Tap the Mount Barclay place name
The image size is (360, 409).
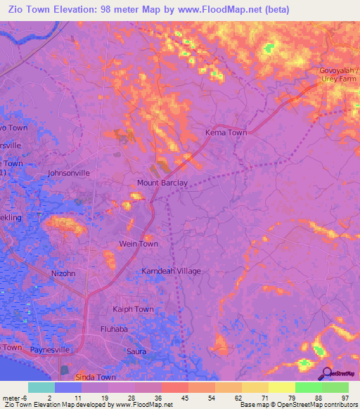[x=162, y=183]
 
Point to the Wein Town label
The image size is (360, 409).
[x=138, y=244]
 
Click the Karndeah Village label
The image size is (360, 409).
[x=172, y=271]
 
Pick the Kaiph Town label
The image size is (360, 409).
[x=133, y=309]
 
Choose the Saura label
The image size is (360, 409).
[x=136, y=351]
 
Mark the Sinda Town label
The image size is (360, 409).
[x=96, y=377]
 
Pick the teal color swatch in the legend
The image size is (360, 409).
[x=41, y=387]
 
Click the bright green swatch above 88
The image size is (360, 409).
[x=308, y=387]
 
